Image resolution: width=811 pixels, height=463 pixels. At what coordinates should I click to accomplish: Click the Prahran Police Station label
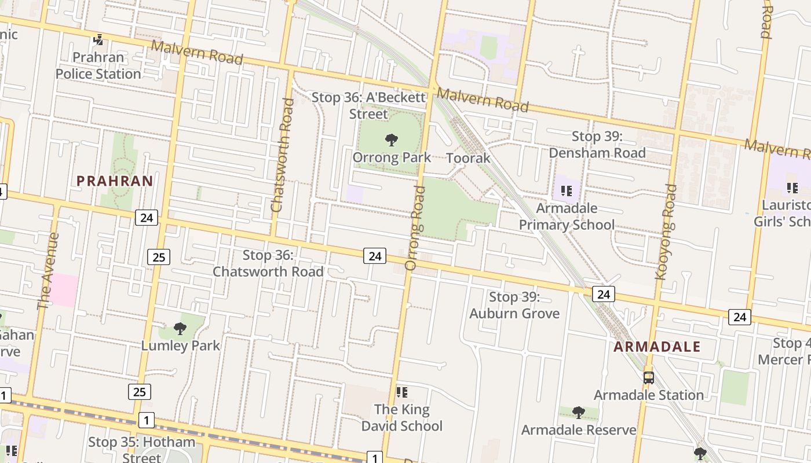click(98, 65)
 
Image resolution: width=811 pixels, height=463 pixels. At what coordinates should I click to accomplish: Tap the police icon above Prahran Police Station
click(98, 40)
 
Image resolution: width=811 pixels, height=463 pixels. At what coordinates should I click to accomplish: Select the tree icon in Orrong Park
click(392, 139)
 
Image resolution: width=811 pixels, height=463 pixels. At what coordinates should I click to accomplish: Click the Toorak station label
click(468, 157)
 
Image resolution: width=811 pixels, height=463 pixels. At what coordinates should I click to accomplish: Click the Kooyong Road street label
click(666, 231)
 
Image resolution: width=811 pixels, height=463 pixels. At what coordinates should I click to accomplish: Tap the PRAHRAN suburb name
click(115, 181)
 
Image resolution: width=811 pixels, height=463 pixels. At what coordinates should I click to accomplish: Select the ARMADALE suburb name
click(657, 347)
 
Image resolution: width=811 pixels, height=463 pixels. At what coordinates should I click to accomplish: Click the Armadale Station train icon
click(649, 378)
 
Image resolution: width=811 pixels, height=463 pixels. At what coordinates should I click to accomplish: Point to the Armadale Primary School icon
click(567, 190)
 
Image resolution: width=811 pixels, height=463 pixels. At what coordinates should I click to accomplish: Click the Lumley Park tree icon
click(180, 329)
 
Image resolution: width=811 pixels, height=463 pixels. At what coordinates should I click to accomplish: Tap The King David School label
click(402, 417)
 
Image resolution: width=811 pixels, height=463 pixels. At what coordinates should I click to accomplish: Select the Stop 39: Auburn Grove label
click(514, 305)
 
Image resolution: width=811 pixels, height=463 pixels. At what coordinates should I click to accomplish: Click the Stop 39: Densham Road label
click(597, 145)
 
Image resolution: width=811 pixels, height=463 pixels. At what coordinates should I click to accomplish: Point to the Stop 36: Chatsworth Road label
click(268, 263)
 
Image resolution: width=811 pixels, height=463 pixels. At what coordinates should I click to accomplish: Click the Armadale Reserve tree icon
click(578, 412)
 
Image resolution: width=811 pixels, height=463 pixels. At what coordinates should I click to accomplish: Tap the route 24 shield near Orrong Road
click(375, 255)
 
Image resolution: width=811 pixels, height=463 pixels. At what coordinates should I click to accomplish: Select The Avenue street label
click(48, 271)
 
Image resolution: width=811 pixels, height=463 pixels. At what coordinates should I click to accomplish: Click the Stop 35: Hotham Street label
click(141, 449)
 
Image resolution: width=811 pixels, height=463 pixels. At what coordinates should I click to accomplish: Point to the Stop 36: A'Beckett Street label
click(368, 105)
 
